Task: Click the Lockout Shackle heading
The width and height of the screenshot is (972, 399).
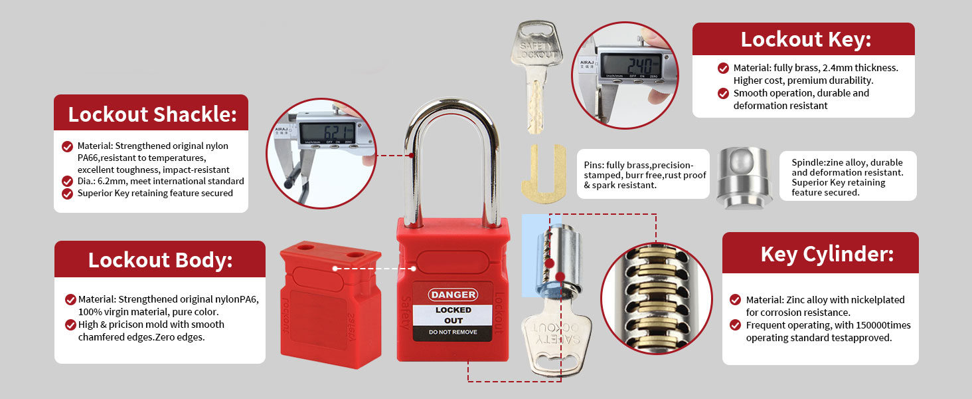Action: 152,114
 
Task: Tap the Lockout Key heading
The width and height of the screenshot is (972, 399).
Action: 805,40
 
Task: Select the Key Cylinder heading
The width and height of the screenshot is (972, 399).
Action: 827,254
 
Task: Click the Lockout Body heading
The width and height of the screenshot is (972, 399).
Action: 160,260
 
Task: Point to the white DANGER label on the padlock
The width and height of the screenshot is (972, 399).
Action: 453,295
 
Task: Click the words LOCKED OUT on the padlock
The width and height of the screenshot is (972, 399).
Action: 453,315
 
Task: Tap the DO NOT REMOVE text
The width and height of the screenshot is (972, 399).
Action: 453,332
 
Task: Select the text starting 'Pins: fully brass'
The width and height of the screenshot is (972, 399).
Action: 645,175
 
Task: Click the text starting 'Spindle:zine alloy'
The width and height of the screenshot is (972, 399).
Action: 847,178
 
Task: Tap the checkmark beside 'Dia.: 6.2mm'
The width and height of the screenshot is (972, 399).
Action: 67,181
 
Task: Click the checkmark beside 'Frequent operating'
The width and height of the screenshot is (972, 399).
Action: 735,325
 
